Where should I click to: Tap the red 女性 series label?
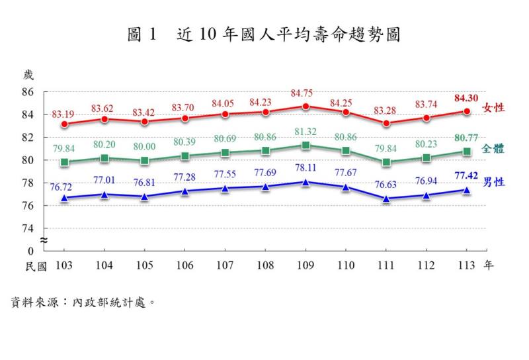(x=494, y=107)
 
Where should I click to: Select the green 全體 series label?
(x=494, y=148)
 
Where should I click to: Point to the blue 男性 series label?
(x=494, y=181)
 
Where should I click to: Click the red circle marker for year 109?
(x=305, y=106)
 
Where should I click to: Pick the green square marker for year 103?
(x=64, y=162)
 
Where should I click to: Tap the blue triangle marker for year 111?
(x=386, y=199)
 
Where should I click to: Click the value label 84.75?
(x=305, y=92)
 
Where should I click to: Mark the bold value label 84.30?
(x=467, y=98)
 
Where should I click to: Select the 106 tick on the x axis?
(x=185, y=266)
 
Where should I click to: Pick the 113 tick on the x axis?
(x=467, y=266)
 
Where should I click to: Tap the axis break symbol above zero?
(x=44, y=240)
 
